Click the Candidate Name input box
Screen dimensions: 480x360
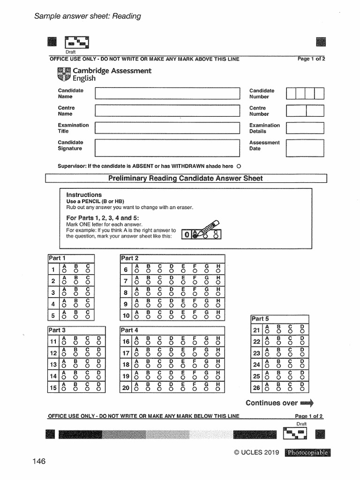(x=167, y=93)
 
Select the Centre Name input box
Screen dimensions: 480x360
(x=167, y=111)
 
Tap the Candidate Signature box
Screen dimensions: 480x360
(x=167, y=147)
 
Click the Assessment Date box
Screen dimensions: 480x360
(x=305, y=147)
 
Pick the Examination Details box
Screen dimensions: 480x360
(x=305, y=128)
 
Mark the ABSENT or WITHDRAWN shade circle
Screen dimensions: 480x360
(x=239, y=166)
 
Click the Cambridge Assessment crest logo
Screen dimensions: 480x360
(x=63, y=74)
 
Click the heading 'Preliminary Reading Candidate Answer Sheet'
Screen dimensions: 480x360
(x=186, y=178)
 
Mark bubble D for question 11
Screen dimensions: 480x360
(x=99, y=343)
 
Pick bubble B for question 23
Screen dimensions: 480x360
(x=279, y=355)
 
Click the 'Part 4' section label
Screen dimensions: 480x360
(x=130, y=330)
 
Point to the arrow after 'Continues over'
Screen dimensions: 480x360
(x=307, y=403)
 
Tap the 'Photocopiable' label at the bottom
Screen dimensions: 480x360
(x=307, y=452)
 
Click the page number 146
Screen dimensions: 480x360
(x=39, y=462)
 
